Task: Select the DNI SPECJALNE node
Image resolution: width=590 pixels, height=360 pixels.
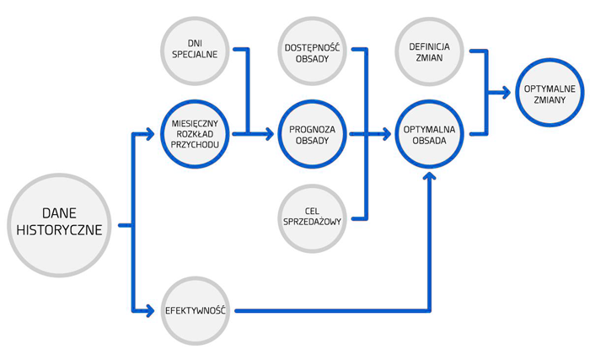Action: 195,48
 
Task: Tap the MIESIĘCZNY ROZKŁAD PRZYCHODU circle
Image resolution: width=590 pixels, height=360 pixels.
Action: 195,133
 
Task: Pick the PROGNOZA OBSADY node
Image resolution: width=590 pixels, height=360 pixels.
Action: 313,133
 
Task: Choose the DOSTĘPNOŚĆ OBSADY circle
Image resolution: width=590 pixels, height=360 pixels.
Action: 313,48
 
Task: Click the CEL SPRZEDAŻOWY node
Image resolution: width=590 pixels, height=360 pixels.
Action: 313,218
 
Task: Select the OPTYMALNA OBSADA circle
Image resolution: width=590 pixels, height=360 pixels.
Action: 431,133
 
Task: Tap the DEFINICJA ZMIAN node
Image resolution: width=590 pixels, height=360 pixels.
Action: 431,48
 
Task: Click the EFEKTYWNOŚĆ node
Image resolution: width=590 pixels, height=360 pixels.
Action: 195,311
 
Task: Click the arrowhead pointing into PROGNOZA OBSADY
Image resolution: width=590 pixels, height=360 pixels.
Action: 271,133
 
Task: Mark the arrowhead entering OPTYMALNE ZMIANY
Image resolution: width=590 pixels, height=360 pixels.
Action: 509,92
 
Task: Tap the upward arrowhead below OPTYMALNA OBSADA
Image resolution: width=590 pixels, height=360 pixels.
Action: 431,176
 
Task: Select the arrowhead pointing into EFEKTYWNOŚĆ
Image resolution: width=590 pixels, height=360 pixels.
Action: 155,311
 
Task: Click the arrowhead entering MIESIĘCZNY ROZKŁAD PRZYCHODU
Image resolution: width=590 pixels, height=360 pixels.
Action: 155,133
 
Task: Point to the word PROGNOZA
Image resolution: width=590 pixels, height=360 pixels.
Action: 313,128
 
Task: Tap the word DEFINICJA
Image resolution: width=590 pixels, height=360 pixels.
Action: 431,43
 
